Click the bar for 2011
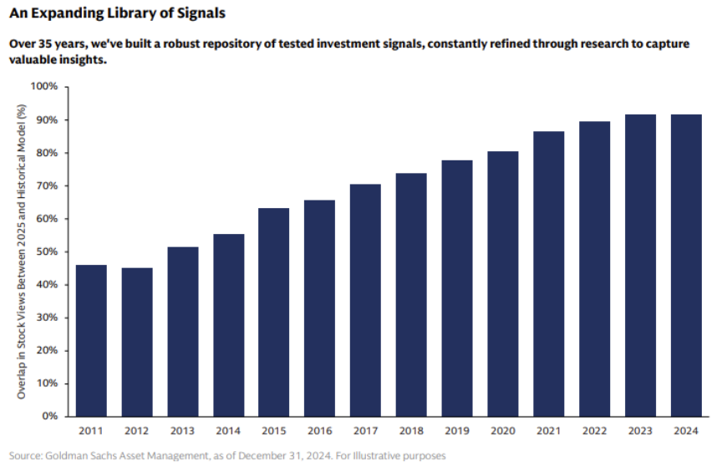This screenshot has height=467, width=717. pyautogui.click(x=91, y=340)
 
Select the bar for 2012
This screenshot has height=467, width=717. pyautogui.click(x=137, y=342)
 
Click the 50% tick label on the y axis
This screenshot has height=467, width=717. pyautogui.click(x=46, y=251)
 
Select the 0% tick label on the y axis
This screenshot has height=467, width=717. pyautogui.click(x=48, y=416)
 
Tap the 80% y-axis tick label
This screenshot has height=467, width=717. pyautogui.click(x=46, y=153)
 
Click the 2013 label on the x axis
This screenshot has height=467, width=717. pyautogui.click(x=182, y=431)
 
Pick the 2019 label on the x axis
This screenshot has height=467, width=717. pyautogui.click(x=456, y=431)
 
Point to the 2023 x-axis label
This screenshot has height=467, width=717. pyautogui.click(x=639, y=431)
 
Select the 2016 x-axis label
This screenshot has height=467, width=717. pyautogui.click(x=319, y=431)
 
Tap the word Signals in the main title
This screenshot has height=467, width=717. pyautogui.click(x=198, y=14)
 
